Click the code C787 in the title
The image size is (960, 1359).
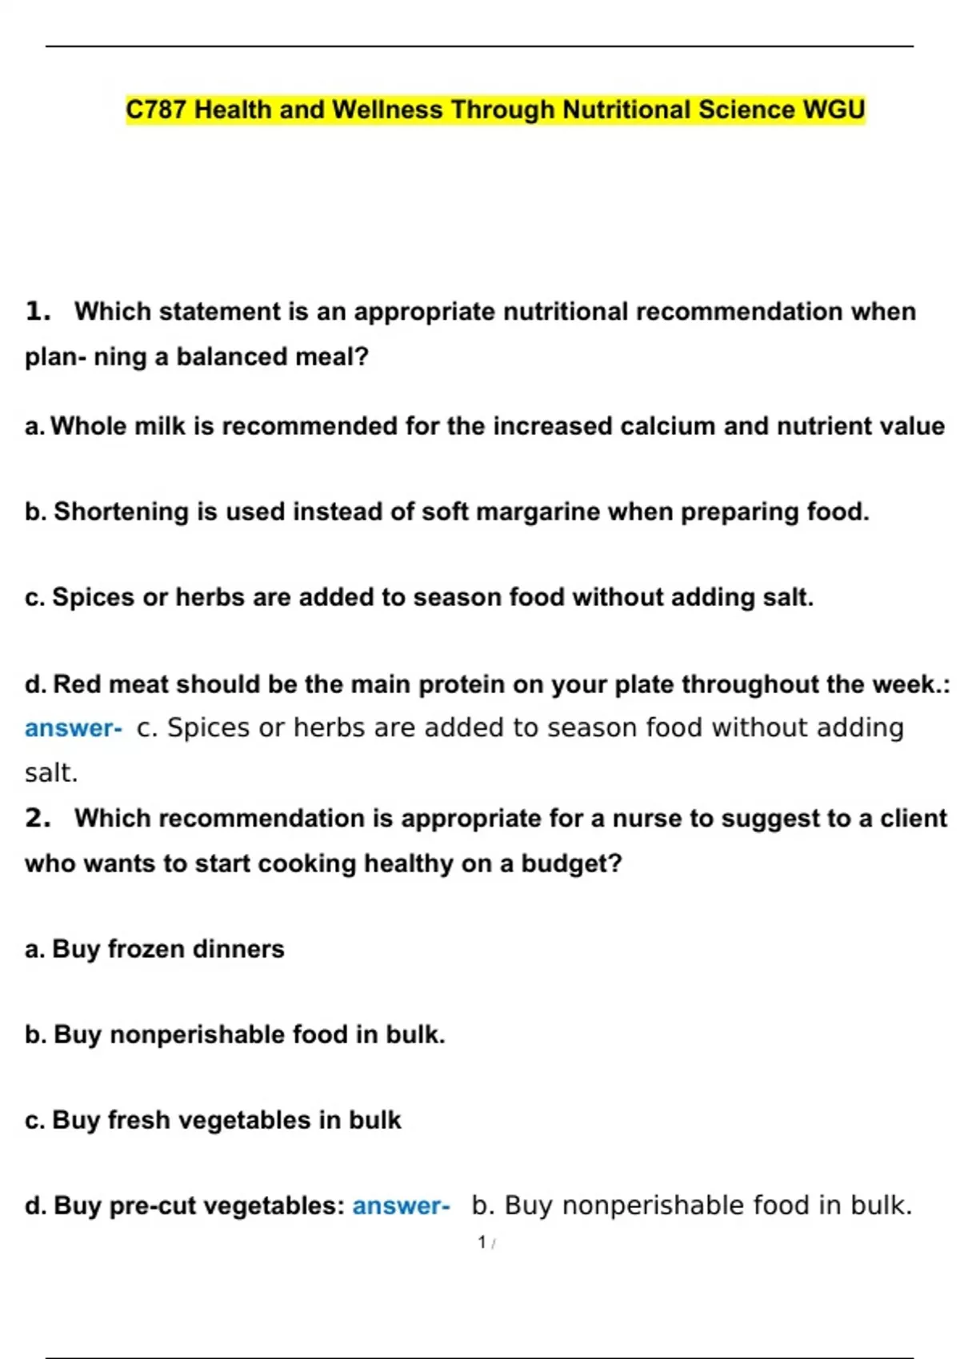click(157, 110)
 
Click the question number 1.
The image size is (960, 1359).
click(37, 311)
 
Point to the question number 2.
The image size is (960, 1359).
click(37, 818)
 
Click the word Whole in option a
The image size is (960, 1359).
click(88, 426)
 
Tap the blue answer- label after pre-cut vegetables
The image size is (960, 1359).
click(401, 1206)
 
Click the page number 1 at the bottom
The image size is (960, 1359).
click(482, 1242)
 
